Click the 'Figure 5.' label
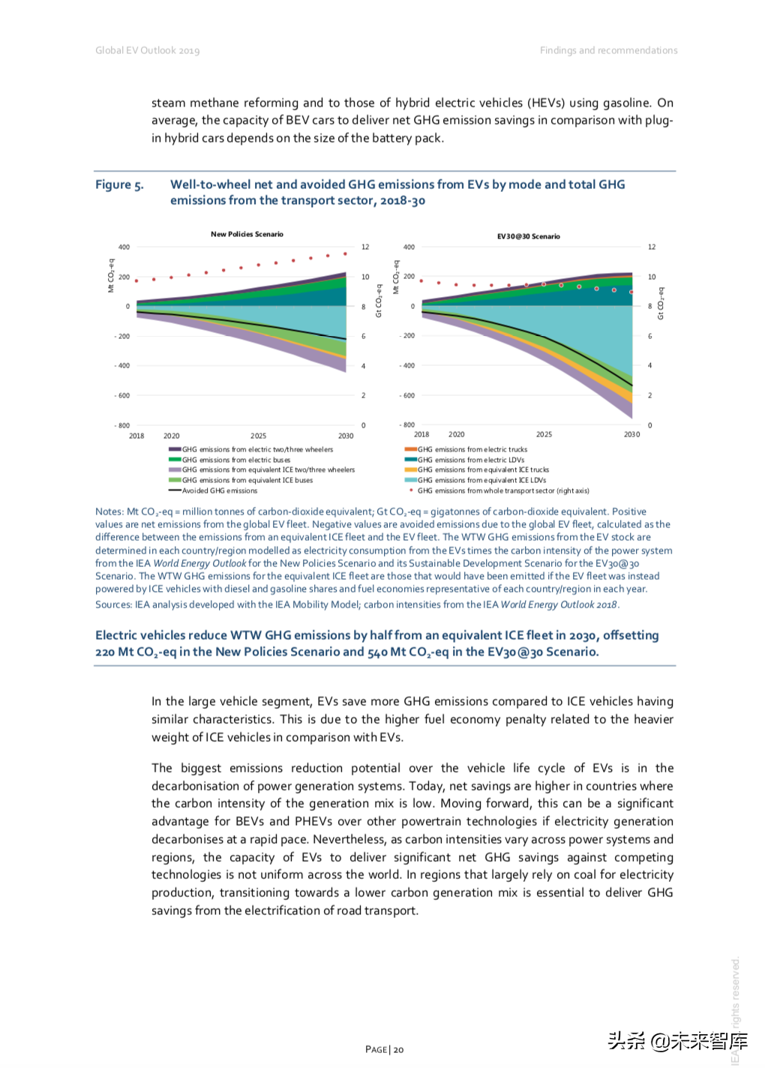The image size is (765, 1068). point(119,184)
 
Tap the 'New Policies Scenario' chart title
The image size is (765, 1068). point(247,234)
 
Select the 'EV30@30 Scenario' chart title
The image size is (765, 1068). point(528,236)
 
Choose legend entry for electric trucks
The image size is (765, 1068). point(472,449)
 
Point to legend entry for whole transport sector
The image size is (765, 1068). point(502,490)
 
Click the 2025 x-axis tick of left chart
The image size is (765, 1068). point(258,436)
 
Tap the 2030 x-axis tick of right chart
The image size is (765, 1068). point(631,434)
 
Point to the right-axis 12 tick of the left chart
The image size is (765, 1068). point(365,247)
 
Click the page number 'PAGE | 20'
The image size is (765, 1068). point(384,1049)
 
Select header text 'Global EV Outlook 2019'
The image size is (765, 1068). point(147,50)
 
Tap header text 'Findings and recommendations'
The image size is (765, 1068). point(608,50)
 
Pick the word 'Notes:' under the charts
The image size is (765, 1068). point(109,511)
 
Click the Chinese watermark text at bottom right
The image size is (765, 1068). point(677,1040)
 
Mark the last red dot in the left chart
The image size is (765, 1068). point(345,253)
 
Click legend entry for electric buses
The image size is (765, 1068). point(235,460)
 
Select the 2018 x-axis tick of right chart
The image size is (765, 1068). point(421,434)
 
